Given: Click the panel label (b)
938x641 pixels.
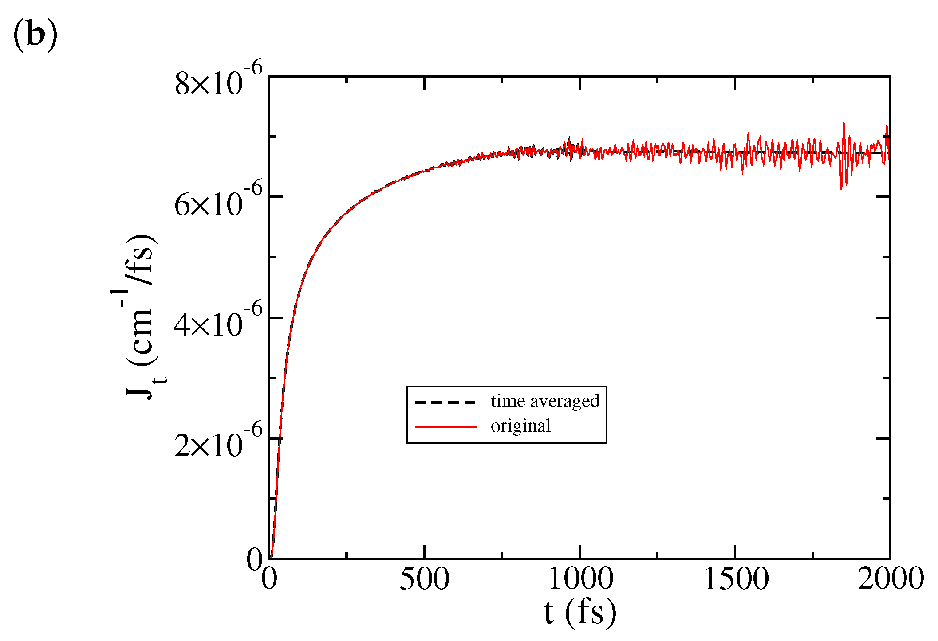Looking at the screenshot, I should (x=35, y=35).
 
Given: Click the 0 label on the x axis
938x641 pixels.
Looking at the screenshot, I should (x=269, y=579).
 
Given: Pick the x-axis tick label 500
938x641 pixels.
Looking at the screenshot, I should (x=424, y=579).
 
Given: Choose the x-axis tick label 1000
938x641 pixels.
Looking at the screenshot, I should (x=580, y=579).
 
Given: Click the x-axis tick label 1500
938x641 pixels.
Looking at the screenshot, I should (x=736, y=579).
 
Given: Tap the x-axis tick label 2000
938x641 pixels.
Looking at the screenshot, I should (x=890, y=579).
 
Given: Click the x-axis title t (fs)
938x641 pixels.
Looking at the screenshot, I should (x=580, y=613).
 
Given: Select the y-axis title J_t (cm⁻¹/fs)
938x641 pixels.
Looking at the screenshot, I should (x=141, y=317).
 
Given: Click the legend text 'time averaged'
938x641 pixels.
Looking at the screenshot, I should (x=545, y=401).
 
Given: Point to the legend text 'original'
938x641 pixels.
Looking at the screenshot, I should (x=520, y=426).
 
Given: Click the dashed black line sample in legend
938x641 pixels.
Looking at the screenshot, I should (x=445, y=403).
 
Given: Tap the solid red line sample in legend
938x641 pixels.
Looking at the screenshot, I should (x=445, y=427).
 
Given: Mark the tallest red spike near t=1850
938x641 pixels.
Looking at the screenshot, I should (x=843, y=123).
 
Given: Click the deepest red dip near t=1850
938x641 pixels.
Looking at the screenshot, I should (x=841, y=189).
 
